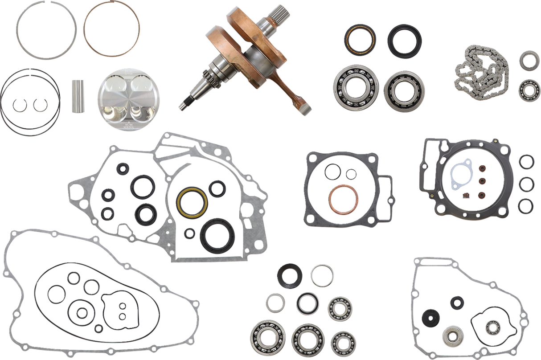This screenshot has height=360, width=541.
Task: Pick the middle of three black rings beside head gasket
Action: coord(527,183)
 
